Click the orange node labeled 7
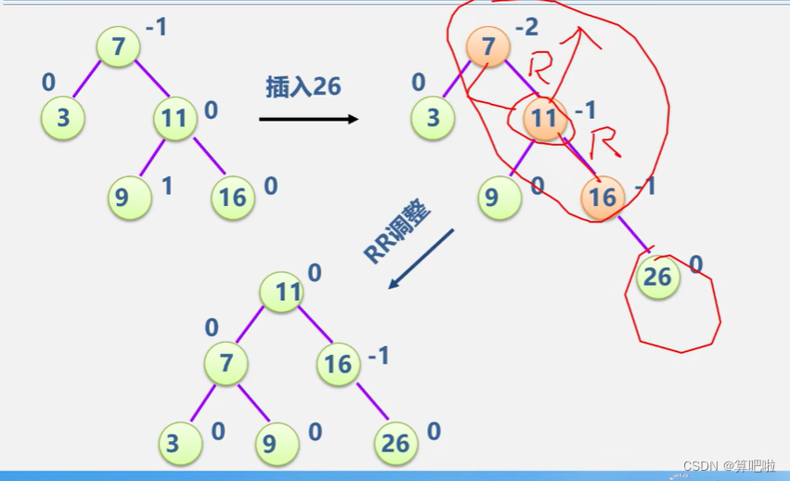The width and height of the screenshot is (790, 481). [x=487, y=45]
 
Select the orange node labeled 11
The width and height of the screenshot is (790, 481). [x=546, y=118]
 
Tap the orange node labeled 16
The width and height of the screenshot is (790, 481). [x=602, y=196]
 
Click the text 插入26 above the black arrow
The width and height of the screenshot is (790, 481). [x=304, y=87]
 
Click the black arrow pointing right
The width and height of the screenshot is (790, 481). [x=308, y=119]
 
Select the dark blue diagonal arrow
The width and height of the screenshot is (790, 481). [x=421, y=259]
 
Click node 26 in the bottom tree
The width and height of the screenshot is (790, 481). [x=395, y=444]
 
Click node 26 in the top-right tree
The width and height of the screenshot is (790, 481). [x=658, y=277]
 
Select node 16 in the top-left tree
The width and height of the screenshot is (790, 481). [x=232, y=196]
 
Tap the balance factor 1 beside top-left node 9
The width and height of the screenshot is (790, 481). [x=167, y=186]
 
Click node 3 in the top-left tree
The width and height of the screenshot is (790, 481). [x=63, y=119]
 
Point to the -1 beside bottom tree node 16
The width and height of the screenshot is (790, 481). [x=378, y=356]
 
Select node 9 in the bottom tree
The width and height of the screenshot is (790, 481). [x=269, y=444]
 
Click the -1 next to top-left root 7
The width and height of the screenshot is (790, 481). [x=156, y=28]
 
